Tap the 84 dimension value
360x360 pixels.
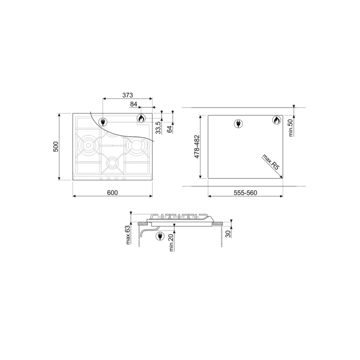click(x=134, y=104)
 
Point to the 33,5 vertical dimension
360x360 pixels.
click(x=157, y=127)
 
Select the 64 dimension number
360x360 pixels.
click(x=169, y=128)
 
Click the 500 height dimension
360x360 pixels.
click(x=56, y=147)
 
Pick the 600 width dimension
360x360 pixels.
click(x=112, y=193)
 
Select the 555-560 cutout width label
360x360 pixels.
click(x=245, y=193)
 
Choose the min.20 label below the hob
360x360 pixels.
click(x=172, y=243)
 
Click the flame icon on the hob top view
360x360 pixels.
click(x=140, y=119)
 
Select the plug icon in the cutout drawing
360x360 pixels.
click(x=238, y=124)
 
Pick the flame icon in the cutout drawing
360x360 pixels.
click(x=276, y=121)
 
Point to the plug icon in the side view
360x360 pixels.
click(x=159, y=236)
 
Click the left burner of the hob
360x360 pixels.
click(x=88, y=145)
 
